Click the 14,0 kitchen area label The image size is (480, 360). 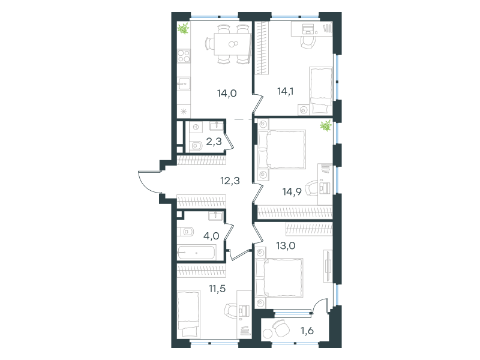(227, 93)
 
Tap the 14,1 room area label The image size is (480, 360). (286, 91)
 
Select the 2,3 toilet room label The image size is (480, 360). (214, 142)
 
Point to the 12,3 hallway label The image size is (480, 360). (230, 181)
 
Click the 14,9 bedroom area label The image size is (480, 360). (292, 191)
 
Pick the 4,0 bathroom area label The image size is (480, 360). (211, 236)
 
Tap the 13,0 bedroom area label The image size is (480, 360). (286, 245)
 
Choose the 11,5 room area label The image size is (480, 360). (217, 289)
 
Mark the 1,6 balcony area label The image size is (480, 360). (307, 331)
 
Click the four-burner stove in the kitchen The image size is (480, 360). (184, 56)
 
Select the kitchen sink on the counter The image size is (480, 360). (184, 84)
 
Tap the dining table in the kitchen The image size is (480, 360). (232, 44)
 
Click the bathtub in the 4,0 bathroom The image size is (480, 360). (196, 253)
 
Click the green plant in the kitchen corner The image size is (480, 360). (183, 29)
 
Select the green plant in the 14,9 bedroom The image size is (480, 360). (326, 125)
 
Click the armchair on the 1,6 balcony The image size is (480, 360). (281, 328)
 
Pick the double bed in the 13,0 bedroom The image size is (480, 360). (279, 278)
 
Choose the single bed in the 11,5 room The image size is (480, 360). (188, 313)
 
